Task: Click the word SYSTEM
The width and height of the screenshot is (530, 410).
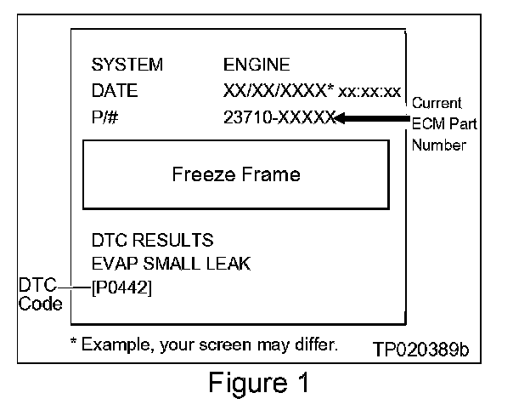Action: coord(127,65)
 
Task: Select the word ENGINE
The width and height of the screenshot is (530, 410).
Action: coord(256,65)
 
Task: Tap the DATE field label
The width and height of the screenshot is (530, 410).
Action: coord(114,91)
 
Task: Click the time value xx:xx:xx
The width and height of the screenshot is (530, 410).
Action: coord(369,92)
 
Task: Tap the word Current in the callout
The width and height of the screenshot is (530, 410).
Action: coord(437,103)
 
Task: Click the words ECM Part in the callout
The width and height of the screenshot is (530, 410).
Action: coord(444,124)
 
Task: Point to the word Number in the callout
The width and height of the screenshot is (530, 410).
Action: coord(439,145)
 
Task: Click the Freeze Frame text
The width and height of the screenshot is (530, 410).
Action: coord(236,175)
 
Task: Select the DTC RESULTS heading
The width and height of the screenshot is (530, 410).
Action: coord(152,241)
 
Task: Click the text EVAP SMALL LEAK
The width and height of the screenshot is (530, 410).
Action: coord(171,264)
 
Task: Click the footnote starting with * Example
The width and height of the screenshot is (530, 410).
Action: coord(204,345)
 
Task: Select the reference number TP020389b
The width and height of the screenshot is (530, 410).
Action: coord(420,349)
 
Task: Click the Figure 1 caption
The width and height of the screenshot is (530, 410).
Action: coord(259,384)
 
